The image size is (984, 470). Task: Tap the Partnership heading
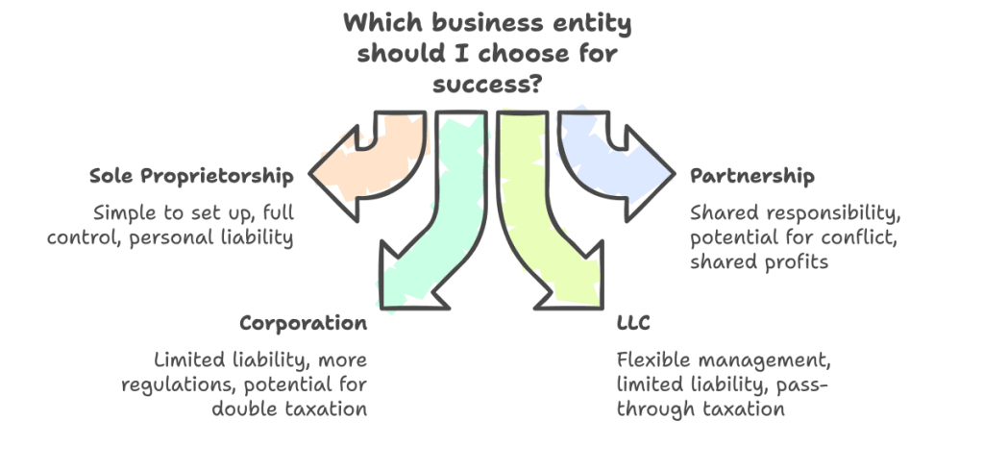(x=751, y=176)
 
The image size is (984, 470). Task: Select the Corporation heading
(x=303, y=323)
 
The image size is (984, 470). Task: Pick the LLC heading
(x=634, y=323)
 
